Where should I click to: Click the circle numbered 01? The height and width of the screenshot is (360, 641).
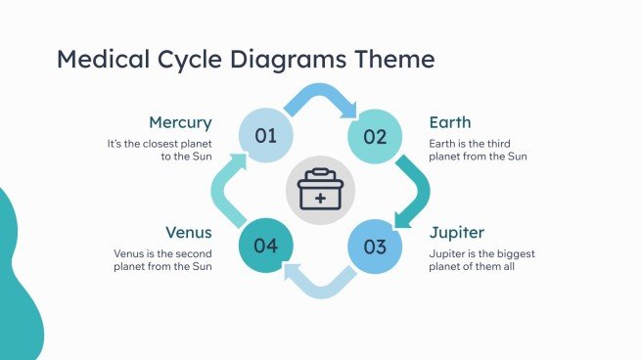[266, 136]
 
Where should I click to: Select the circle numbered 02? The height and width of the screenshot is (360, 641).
[376, 136]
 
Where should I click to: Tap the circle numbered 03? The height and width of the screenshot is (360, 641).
[376, 246]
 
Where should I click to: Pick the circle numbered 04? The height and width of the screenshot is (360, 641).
[266, 246]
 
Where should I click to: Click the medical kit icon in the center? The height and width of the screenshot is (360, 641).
[320, 191]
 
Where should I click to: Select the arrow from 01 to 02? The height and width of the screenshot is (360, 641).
[321, 99]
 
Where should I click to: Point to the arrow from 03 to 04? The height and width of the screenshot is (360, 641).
[320, 282]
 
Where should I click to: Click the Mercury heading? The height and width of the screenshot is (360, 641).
[179, 122]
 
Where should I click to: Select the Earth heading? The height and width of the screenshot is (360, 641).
[450, 122]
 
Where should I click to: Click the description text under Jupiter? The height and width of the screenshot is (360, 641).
[481, 259]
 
